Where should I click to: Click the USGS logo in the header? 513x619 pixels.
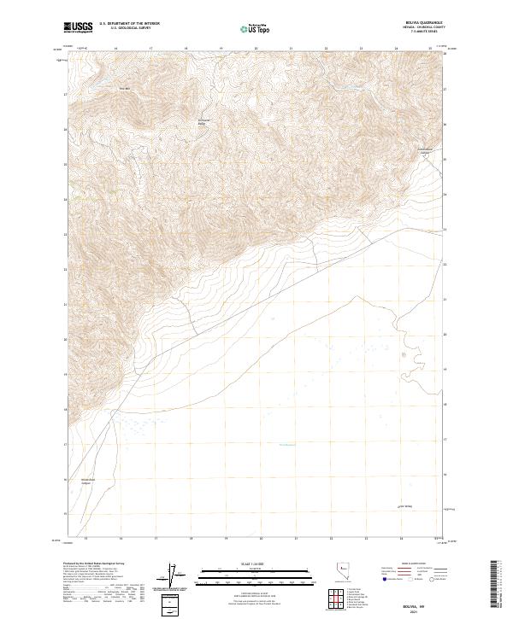coord(79,27)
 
